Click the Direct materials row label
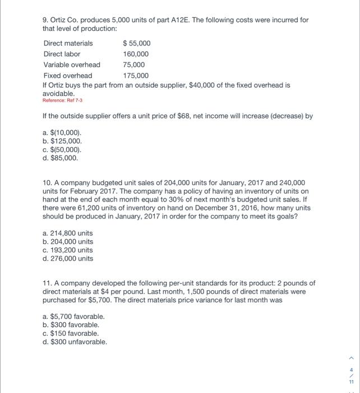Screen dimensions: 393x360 point(68,43)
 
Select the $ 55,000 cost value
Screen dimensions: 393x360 point(136,43)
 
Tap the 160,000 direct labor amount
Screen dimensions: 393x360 point(136,54)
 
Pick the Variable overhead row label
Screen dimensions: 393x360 point(72,65)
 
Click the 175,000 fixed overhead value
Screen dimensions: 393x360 point(136,75)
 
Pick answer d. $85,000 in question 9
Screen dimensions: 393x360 point(61,158)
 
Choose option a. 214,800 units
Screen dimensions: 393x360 point(68,233)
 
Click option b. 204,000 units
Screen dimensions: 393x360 point(68,241)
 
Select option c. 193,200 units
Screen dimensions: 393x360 point(68,250)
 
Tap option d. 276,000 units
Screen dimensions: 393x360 point(68,258)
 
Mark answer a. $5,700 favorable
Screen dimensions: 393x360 point(73,316)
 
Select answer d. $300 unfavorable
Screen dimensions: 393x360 point(75,341)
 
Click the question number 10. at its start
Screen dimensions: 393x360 point(48,182)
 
